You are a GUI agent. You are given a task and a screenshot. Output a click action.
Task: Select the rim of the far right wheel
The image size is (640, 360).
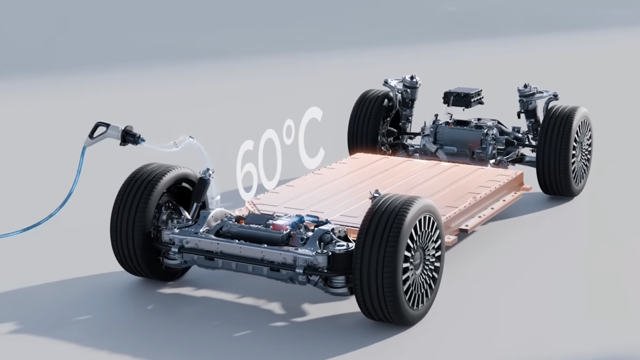click(x=581, y=152)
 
